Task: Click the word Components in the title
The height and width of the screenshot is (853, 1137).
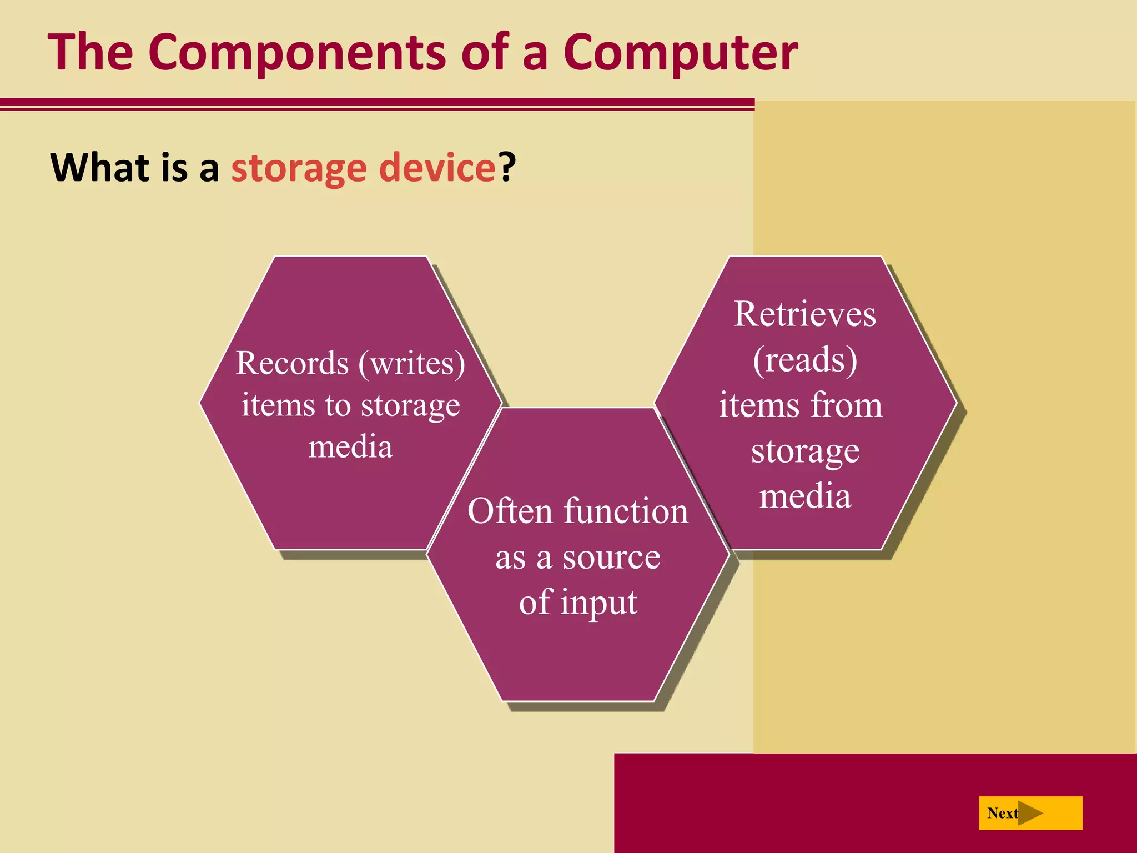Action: point(296,53)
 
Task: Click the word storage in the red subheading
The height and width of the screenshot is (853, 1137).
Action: point(299,168)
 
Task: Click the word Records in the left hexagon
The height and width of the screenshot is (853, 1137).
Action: point(292,363)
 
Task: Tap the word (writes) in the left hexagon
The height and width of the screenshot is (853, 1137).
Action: point(412,363)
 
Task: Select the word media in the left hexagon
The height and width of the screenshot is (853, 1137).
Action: point(350,447)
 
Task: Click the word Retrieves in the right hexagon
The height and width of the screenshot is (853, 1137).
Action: point(805,314)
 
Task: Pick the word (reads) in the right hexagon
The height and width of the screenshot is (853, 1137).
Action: point(805,360)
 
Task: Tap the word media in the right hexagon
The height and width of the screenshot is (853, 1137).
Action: point(805,496)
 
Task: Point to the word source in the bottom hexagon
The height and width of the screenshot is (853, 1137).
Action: point(611,557)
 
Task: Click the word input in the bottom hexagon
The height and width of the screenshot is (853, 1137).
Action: point(598,603)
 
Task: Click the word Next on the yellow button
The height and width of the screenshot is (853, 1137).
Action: point(1002,814)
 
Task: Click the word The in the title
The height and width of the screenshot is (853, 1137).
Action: point(90,53)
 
